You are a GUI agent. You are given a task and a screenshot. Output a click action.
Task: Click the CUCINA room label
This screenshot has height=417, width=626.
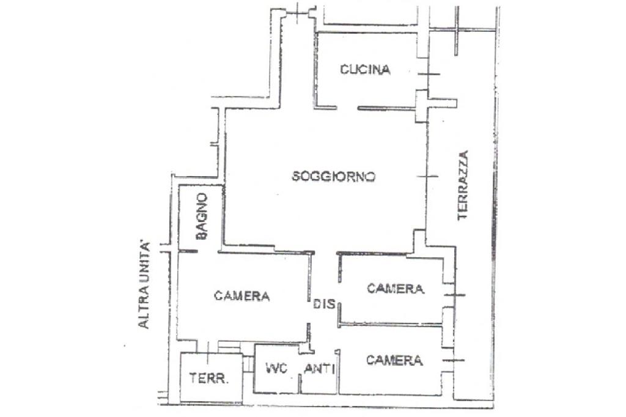(365, 70)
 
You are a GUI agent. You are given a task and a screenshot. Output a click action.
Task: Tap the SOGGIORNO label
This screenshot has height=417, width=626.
(333, 177)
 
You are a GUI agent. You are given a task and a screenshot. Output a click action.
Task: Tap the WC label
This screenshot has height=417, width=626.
(276, 369)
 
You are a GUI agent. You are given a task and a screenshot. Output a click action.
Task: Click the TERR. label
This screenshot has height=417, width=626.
(208, 378)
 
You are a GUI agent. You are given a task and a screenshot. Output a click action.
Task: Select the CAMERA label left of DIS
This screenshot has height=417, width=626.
(242, 296)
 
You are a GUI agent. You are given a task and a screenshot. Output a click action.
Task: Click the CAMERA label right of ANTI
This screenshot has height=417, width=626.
(394, 360)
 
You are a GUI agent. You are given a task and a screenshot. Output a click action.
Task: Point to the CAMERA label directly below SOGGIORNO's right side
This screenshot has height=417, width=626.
(396, 289)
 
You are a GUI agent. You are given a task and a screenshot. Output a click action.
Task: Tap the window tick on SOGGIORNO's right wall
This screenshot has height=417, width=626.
(427, 177)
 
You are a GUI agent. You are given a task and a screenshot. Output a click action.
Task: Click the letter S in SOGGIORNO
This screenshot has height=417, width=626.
(296, 177)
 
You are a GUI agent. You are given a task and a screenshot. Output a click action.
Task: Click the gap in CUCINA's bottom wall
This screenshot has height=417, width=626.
(347, 108)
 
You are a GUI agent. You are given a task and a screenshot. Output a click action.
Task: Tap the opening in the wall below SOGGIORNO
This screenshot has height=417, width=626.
(325, 253)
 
